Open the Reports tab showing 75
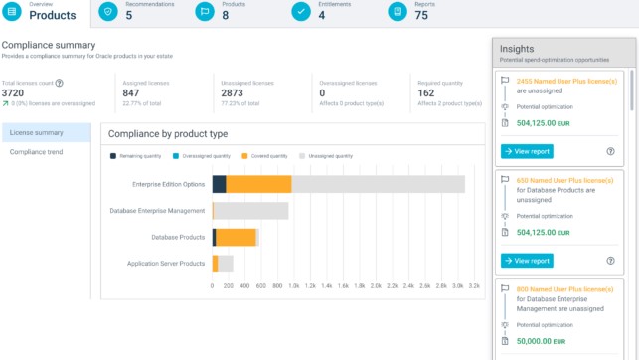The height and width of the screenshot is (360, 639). (x=420, y=11)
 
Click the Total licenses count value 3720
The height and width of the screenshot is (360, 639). (x=14, y=93)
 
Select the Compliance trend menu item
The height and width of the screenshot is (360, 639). (x=36, y=152)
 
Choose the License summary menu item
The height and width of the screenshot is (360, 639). (x=36, y=133)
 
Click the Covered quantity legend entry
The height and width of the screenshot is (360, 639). (x=268, y=156)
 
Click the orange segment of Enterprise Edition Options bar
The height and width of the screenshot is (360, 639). (x=258, y=184)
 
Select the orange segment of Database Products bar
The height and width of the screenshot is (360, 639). (x=236, y=237)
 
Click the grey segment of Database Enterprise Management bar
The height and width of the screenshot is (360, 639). (x=251, y=211)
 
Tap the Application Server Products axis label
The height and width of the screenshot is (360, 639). (x=166, y=264)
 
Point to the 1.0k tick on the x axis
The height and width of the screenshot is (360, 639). (x=293, y=285)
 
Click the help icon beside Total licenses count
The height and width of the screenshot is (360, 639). (x=59, y=84)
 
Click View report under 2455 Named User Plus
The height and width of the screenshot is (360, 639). (x=527, y=151)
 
